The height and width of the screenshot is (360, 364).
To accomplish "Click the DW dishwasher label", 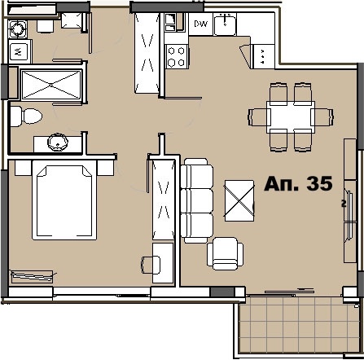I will pyautogui.click(x=201, y=24).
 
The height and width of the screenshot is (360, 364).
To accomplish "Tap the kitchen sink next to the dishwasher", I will pyautogui.click(x=225, y=24).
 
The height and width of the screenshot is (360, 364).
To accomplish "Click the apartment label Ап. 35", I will pyautogui.click(x=298, y=184).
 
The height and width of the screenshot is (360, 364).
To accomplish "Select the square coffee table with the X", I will pyautogui.click(x=240, y=198).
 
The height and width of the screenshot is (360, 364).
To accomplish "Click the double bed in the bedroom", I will pyautogui.click(x=66, y=200).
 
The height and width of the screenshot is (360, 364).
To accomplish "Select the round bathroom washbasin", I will pyautogui.click(x=57, y=143).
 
